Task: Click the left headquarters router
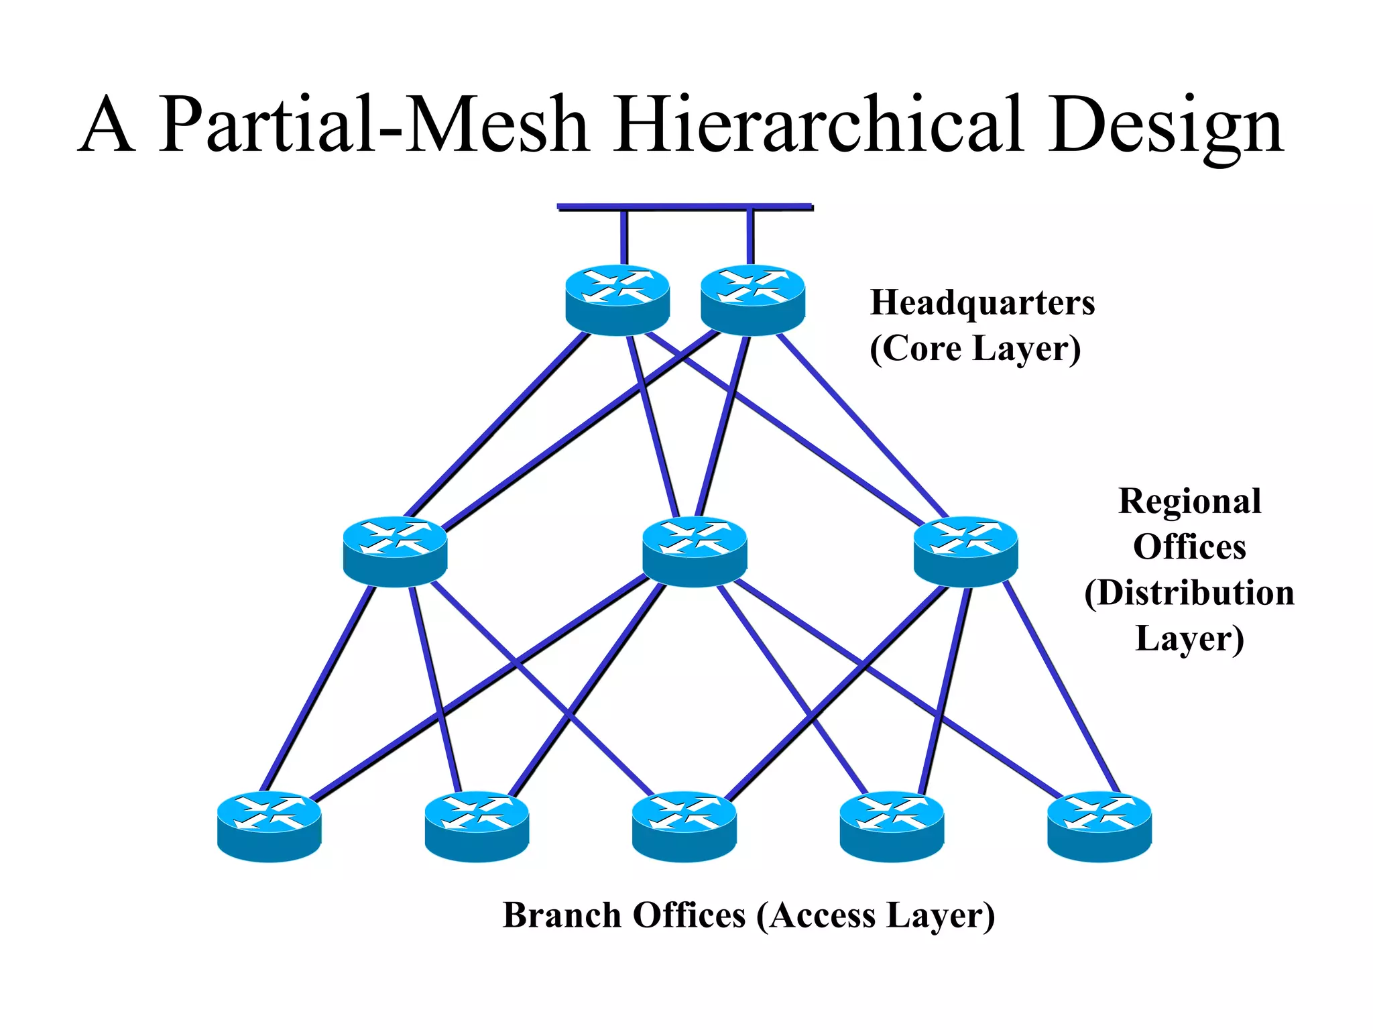[617, 299]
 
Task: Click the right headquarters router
[752, 299]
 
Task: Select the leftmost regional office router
[395, 551]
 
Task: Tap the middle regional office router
[695, 551]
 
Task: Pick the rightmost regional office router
[965, 551]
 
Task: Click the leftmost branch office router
[269, 826]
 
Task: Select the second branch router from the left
[477, 826]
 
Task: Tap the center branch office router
[684, 826]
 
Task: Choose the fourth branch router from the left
[892, 826]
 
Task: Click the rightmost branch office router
[1099, 826]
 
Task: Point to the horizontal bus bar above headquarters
[685, 207]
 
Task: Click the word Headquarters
[982, 303]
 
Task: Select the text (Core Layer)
[975, 349]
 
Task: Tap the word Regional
[1190, 502]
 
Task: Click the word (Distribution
[1189, 593]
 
